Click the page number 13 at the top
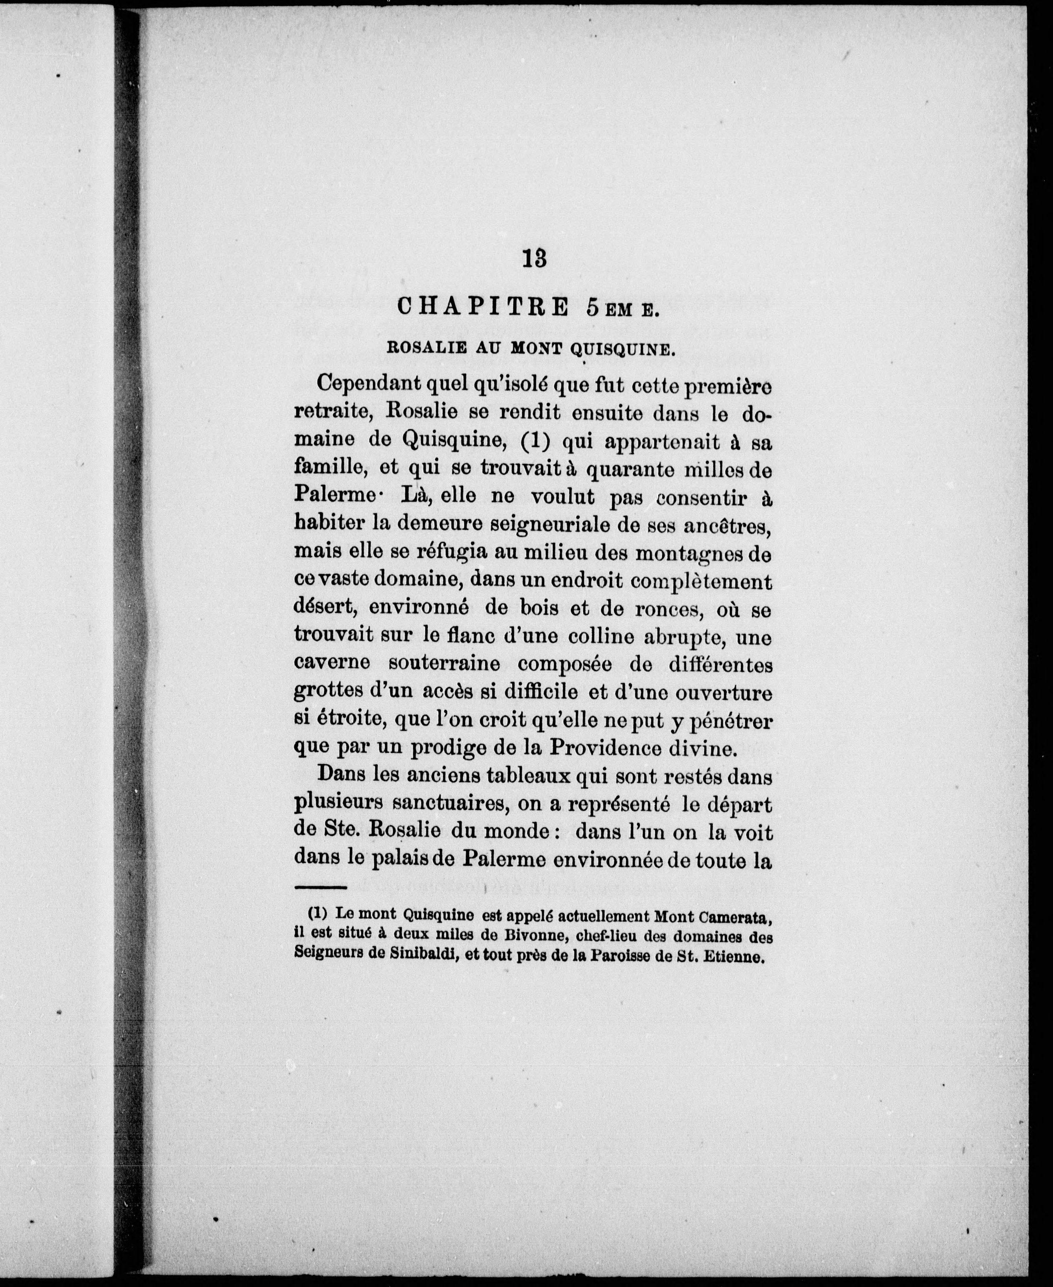[x=534, y=259]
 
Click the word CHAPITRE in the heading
[x=482, y=307]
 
